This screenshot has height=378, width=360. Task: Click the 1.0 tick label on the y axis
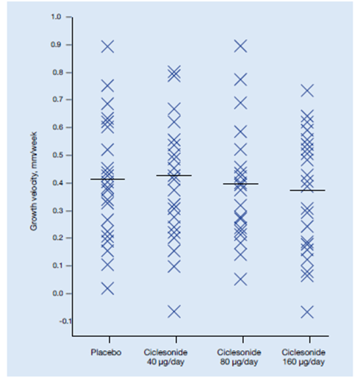[56, 17]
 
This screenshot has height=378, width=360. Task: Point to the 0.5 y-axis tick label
[57, 155]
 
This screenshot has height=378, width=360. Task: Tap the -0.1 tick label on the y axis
[65, 321]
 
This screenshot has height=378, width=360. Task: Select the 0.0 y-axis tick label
[57, 293]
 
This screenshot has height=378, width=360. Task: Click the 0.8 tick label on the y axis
[57, 73]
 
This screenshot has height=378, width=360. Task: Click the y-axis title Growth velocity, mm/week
[33, 181]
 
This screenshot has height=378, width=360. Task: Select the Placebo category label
[106, 352]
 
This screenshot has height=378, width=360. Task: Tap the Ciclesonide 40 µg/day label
[166, 357]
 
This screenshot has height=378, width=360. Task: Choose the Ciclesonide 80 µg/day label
[239, 357]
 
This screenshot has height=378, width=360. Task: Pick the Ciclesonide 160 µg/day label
[303, 357]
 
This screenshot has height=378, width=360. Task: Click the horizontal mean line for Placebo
[108, 179]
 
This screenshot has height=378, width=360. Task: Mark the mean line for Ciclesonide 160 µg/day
[308, 190]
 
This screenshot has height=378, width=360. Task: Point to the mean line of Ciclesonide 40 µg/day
[174, 176]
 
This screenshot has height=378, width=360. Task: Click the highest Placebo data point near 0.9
[108, 46]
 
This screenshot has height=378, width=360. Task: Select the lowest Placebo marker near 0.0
[108, 288]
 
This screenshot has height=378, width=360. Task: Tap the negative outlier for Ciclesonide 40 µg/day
[174, 312]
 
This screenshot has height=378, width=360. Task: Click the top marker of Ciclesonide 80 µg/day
[240, 46]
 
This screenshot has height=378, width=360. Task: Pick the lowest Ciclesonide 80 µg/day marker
[240, 279]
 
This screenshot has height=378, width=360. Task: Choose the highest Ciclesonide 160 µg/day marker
[307, 90]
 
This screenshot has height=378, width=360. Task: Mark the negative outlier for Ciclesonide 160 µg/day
[307, 312]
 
